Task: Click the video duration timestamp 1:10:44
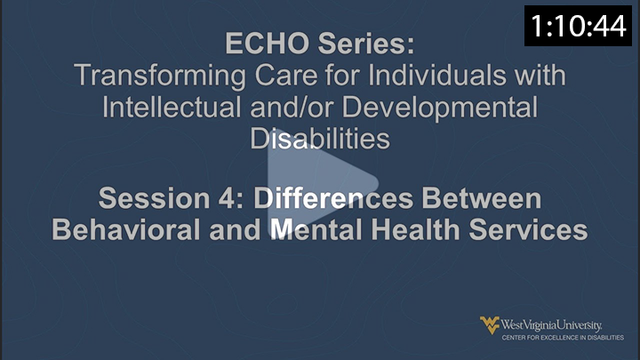pyautogui.click(x=579, y=28)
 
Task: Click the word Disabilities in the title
pyautogui.click(x=320, y=139)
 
